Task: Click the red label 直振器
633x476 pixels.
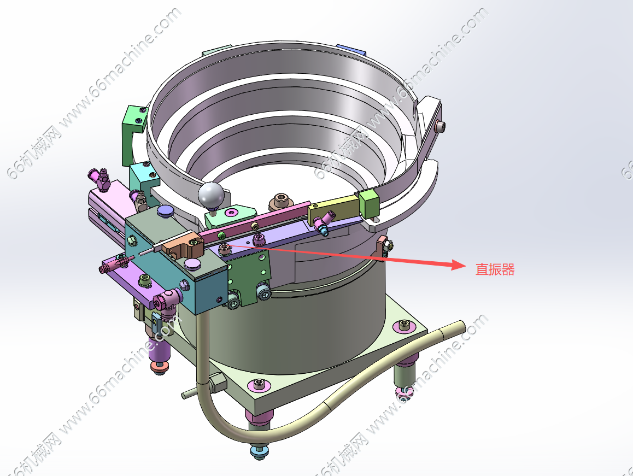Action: (495, 269)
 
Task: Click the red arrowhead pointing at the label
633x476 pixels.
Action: (459, 265)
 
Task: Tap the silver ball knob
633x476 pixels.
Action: (211, 195)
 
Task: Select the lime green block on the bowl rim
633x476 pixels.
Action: (368, 204)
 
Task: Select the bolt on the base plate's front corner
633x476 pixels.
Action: (259, 384)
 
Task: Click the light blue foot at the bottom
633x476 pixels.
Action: (260, 450)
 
